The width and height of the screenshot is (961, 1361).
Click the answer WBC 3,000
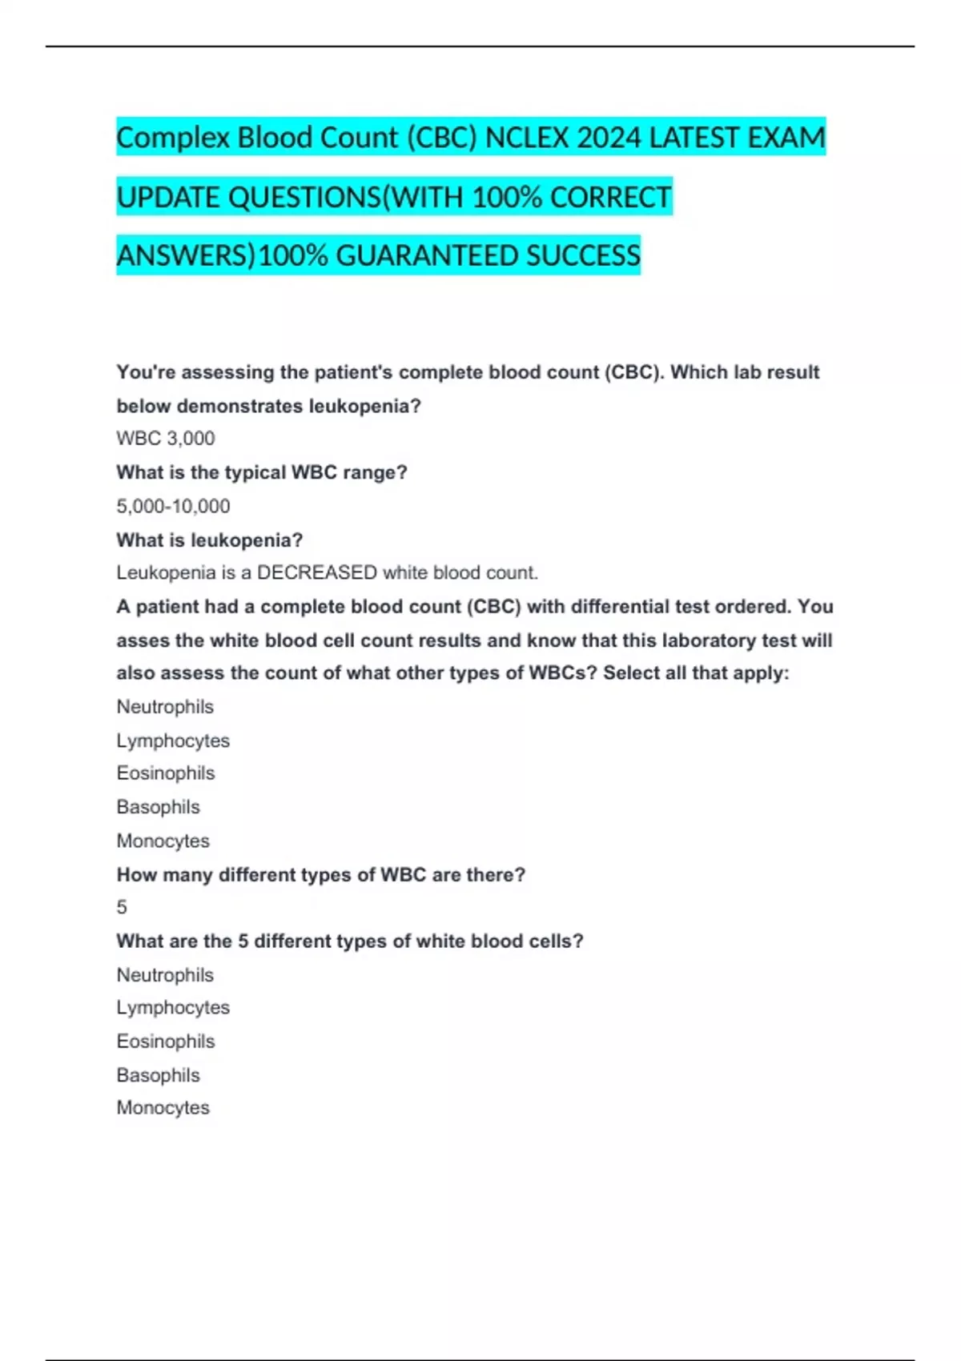click(166, 439)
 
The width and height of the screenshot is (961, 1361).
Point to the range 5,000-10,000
click(173, 506)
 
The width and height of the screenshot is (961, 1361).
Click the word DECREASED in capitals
click(316, 573)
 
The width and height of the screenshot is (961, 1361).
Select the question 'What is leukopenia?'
click(210, 540)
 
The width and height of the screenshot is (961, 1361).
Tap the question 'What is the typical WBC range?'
click(262, 472)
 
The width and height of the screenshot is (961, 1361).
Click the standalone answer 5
click(122, 907)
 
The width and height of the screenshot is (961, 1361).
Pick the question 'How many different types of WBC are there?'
click(320, 874)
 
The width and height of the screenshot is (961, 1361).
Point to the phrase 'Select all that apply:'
click(696, 673)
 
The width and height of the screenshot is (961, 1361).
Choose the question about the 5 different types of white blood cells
click(350, 941)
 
